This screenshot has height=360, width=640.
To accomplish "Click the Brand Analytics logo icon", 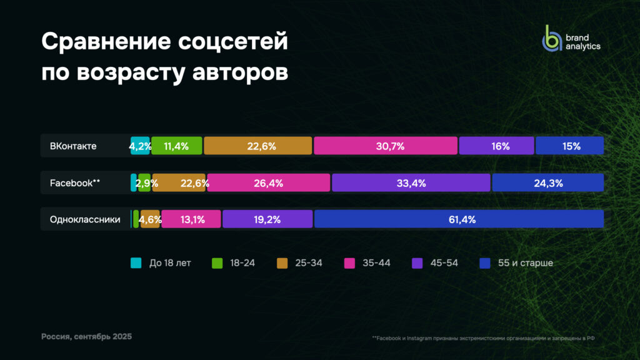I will point(552,38).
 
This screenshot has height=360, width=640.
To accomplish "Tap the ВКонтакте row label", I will point(73,146).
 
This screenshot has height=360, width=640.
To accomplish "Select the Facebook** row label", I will point(75,183).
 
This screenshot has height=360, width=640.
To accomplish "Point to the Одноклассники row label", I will point(85,219).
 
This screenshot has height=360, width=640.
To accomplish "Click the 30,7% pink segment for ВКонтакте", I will point(386,146).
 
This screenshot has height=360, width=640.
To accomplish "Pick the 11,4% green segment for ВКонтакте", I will point(177,146).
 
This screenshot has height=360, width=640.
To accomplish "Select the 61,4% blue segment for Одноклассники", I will point(459,219).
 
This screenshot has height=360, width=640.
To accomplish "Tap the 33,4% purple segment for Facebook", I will point(411,183).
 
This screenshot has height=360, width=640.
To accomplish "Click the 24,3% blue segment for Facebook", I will point(547,183).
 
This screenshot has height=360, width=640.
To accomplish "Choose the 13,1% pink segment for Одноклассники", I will point(191,219).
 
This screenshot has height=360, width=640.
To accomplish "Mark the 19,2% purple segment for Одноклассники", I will point(267,219).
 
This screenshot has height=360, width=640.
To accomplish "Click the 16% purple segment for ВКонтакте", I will point(496,146).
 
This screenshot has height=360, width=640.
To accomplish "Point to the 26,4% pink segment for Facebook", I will point(269,183).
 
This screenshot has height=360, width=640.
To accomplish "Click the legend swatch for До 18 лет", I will point(136,263).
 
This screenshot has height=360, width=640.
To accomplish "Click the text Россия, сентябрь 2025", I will point(86,337).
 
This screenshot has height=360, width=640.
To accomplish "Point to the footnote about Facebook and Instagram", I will point(482,338).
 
